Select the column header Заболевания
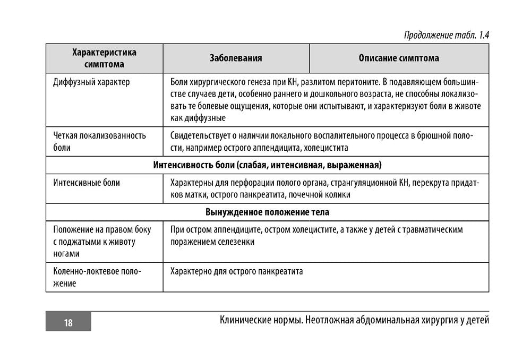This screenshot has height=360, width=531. (236, 58)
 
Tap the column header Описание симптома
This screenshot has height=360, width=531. (399, 58)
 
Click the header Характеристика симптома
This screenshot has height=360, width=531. (104, 58)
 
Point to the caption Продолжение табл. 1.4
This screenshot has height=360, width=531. (446, 35)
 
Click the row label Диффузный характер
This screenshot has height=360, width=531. (91, 82)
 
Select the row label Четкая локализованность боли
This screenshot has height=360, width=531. (100, 141)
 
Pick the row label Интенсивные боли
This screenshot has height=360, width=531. (87, 183)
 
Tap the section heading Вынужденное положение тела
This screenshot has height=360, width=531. (267, 212)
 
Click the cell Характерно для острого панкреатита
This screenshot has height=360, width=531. (236, 271)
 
